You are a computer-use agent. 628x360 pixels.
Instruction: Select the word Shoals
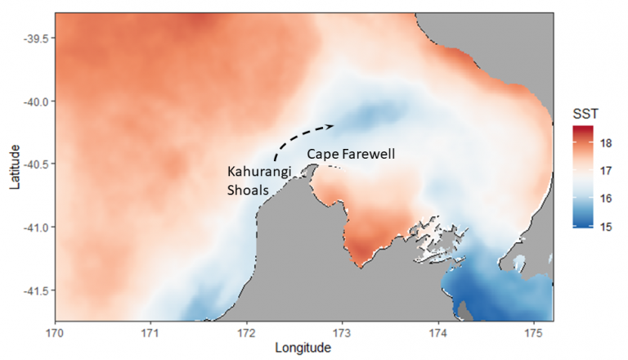click(x=245, y=191)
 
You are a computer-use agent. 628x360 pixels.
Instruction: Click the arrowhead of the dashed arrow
click(x=331, y=126)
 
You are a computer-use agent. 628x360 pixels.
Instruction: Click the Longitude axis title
click(x=303, y=348)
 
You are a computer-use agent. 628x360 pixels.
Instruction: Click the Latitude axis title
click(x=13, y=168)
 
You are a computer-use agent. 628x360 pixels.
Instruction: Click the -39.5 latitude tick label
click(x=37, y=38)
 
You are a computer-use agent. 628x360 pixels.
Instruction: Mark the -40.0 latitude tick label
click(x=37, y=101)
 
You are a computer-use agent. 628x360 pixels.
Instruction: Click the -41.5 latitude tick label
click(x=37, y=290)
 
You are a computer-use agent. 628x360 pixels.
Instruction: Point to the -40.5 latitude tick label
click(x=37, y=164)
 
